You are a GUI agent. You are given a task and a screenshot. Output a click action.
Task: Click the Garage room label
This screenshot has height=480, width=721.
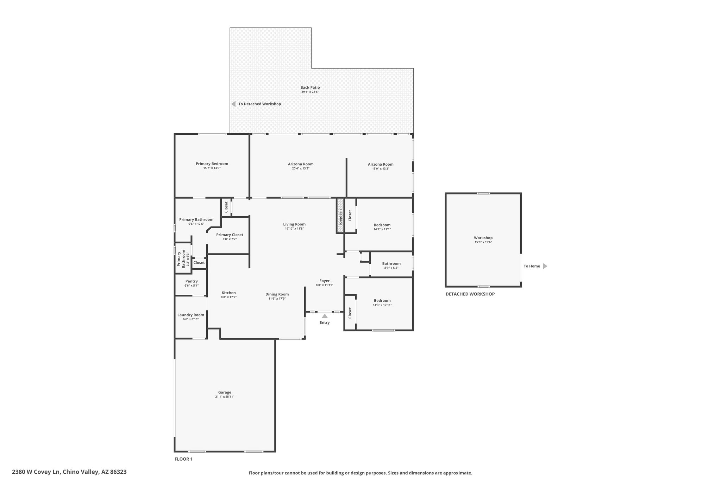(x=225, y=392)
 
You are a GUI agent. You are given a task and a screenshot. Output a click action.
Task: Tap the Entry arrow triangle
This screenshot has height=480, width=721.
(x=325, y=316)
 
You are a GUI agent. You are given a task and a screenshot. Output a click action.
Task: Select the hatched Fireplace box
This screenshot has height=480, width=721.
(x=340, y=215)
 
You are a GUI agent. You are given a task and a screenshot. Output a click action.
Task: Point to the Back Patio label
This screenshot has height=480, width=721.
(x=310, y=88)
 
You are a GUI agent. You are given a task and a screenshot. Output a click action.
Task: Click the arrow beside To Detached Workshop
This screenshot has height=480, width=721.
(x=233, y=104)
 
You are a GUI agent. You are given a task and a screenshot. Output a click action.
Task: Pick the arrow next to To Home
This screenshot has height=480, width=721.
(x=545, y=266)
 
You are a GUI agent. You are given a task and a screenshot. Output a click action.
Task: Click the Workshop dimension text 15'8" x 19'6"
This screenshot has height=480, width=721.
(x=483, y=242)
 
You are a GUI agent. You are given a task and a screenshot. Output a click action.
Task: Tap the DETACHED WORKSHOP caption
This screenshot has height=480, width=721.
(x=470, y=294)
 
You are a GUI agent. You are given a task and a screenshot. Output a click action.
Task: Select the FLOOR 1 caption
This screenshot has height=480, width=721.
(x=183, y=459)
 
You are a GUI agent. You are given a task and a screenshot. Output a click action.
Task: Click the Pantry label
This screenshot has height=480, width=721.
(x=192, y=281)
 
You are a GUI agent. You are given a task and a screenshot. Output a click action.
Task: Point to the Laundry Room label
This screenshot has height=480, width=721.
(x=191, y=315)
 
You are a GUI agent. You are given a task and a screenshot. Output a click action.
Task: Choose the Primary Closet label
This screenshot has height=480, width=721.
(x=230, y=235)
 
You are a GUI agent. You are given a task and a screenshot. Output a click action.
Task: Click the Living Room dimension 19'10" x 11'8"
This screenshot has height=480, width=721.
(x=294, y=229)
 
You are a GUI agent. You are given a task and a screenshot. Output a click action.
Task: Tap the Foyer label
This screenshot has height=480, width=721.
(x=325, y=281)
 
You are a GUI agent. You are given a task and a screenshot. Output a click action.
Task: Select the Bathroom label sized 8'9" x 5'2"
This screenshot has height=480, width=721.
(x=391, y=263)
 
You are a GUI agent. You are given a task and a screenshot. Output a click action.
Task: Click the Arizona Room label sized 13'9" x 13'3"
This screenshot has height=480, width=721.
(x=381, y=164)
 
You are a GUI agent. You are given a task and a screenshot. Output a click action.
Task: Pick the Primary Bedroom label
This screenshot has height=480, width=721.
(x=212, y=164)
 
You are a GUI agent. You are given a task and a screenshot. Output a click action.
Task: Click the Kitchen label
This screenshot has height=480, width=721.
(x=228, y=293)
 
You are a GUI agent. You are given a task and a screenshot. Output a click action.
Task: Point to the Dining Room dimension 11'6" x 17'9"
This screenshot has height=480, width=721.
(x=277, y=299)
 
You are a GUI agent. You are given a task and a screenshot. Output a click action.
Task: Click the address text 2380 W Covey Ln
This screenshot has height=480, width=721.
(x=36, y=472)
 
